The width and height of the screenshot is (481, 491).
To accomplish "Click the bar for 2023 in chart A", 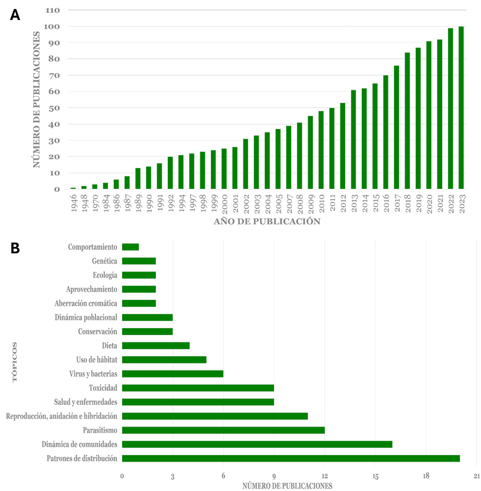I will (461, 108).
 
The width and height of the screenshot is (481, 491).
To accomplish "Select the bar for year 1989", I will (138, 179).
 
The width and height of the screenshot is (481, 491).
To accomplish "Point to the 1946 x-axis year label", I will (74, 203).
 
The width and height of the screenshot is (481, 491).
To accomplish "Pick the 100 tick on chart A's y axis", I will (52, 27).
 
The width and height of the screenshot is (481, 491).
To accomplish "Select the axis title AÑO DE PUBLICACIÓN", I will (267, 222).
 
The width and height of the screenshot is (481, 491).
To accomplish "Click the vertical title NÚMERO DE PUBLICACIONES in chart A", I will (37, 100).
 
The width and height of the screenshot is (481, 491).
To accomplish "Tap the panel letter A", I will (15, 15).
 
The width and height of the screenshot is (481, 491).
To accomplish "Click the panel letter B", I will (15, 248).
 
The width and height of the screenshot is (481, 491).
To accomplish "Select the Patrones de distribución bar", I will (291, 458).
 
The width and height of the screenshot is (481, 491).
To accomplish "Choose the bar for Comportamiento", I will (130, 247).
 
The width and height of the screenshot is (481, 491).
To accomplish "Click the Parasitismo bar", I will (223, 430).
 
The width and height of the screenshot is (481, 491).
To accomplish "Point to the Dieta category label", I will (110, 346).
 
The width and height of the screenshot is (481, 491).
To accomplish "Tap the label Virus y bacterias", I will (93, 374).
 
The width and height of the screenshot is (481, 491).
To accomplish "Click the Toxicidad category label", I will (103, 388).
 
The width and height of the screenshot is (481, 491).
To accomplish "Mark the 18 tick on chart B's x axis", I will (426, 476).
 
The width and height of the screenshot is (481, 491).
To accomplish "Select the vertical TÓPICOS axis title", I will (15, 362).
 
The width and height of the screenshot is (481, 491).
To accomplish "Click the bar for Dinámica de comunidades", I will (257, 444).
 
